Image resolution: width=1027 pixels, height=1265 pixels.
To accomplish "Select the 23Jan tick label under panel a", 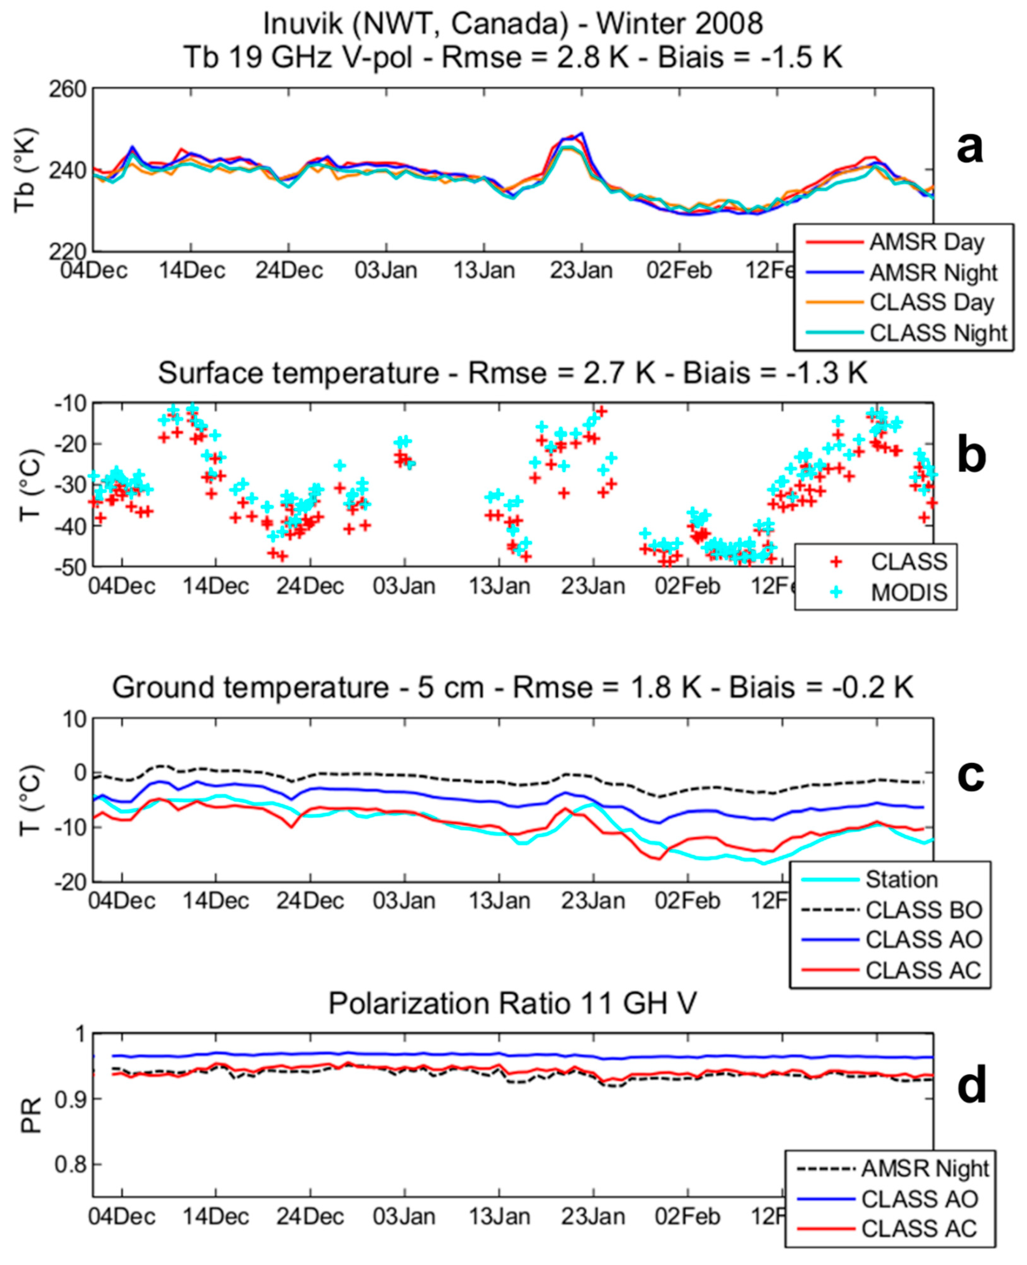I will (x=581, y=271).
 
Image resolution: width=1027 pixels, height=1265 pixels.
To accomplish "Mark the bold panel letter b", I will (x=971, y=457).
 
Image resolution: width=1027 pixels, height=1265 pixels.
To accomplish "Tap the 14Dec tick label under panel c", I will (x=215, y=901).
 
